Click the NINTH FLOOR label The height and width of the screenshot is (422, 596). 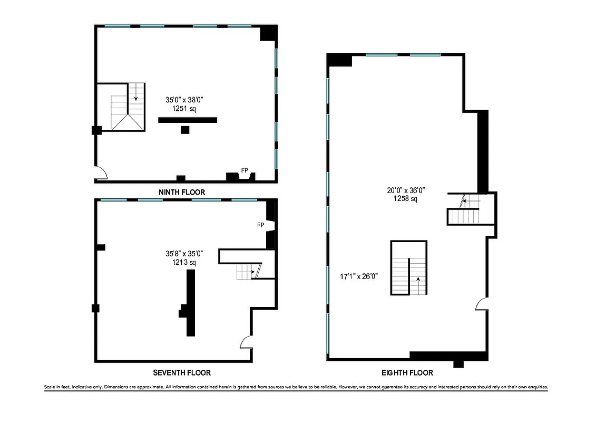point(182,192)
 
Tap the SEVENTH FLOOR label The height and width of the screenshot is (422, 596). point(182,372)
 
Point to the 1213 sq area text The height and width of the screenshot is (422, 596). point(184,262)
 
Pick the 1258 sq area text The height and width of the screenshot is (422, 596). point(405,199)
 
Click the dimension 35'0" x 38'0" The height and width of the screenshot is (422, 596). point(184,99)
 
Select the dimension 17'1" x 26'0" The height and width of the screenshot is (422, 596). point(359,276)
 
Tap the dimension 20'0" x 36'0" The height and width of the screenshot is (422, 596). point(405,191)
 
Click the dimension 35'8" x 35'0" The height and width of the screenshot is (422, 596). point(184,254)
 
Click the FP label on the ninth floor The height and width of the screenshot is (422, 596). point(245,170)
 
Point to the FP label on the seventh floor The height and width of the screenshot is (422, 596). point(260,225)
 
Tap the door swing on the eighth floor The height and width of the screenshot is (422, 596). point(481,305)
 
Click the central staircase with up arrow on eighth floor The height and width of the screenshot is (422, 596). point(409,268)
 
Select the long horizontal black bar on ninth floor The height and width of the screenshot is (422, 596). point(188,120)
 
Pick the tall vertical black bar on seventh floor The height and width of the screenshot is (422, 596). point(190,303)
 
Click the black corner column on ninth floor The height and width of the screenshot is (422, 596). point(269,33)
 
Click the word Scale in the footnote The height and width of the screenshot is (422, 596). point(51,387)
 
